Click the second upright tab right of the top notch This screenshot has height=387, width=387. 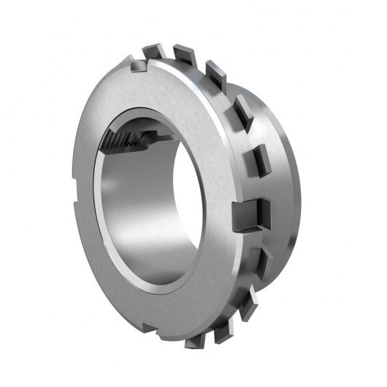click(215, 71)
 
